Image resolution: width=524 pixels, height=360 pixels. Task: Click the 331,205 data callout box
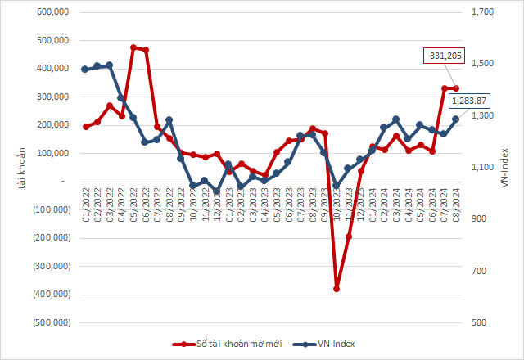(x=445, y=56)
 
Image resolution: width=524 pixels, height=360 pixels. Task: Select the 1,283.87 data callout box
(x=465, y=101)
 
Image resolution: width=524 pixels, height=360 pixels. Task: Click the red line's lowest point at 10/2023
(x=337, y=288)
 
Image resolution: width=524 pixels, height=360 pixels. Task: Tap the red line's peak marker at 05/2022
(x=133, y=47)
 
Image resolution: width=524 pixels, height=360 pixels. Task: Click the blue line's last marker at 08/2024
(x=455, y=119)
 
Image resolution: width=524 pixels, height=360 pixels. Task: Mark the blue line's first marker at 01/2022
(x=86, y=70)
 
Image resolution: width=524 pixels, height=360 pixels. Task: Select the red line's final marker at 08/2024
(x=456, y=88)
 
